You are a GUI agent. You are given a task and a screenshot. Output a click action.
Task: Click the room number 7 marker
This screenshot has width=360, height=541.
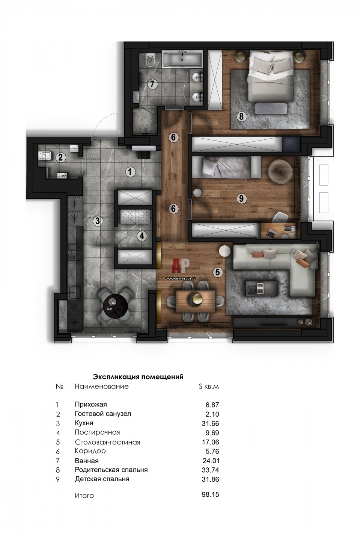152,84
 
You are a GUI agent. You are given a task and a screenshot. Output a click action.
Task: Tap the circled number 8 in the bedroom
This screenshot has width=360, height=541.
241,116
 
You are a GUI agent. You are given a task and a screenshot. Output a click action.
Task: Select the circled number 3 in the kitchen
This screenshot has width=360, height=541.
98,221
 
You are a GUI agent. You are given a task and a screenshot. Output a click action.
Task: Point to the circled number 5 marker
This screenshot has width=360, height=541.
217,272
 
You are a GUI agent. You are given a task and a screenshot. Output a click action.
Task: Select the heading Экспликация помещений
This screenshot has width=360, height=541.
138,377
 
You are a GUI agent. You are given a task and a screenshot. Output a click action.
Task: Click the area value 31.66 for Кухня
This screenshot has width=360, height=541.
210,423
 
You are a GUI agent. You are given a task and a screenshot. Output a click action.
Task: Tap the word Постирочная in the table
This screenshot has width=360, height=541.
97,432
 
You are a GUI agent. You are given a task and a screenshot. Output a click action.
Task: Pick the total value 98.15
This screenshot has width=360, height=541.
210,494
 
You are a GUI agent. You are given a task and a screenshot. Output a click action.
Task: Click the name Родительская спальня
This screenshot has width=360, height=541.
111,470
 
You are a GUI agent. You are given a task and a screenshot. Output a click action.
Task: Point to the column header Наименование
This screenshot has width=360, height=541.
102,387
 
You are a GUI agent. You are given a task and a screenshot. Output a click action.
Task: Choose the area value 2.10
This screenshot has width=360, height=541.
212,414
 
